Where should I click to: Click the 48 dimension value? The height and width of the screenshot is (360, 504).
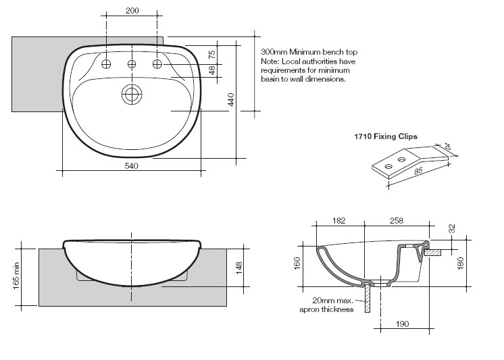pyautogui.click(x=212, y=70)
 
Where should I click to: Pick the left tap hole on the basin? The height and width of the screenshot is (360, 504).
pyautogui.click(x=106, y=64)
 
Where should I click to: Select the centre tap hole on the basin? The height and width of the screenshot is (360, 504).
pyautogui.click(x=132, y=65)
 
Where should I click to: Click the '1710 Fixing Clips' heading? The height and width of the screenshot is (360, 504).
pyautogui.click(x=386, y=136)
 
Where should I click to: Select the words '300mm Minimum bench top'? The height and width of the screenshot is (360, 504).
pyautogui.click(x=309, y=52)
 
